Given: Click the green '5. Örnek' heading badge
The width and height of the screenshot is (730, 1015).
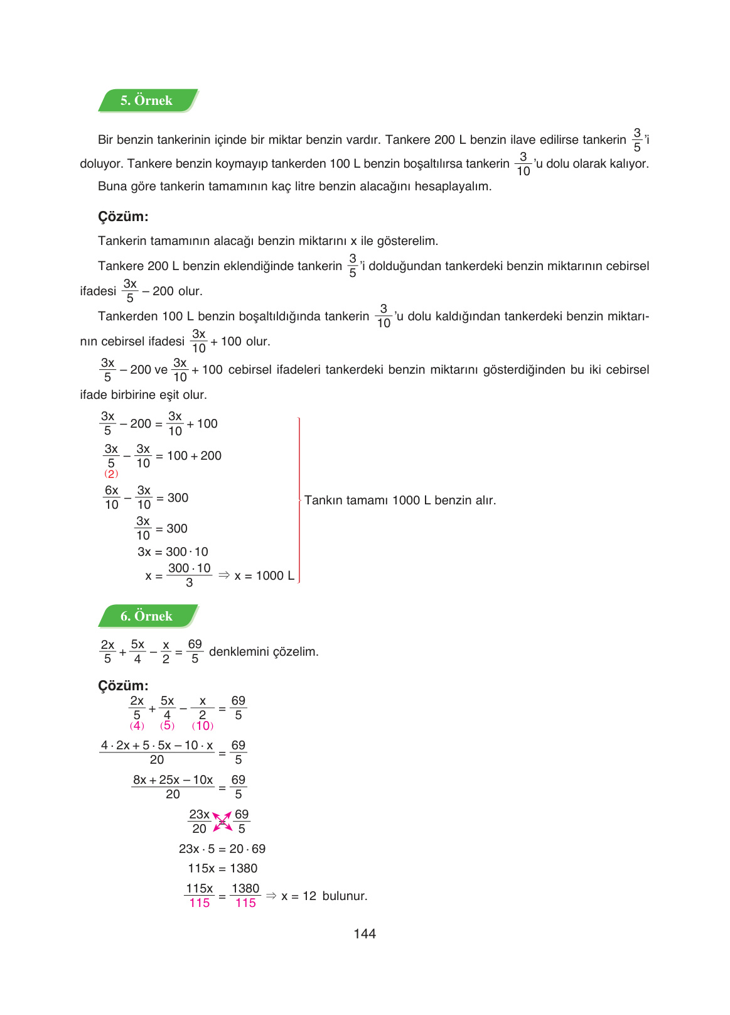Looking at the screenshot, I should [147, 100].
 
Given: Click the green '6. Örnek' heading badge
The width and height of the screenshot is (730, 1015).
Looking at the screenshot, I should [147, 616].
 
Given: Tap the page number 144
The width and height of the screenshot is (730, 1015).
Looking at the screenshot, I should [365, 934].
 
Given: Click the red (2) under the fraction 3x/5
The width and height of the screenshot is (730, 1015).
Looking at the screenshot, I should [111, 474].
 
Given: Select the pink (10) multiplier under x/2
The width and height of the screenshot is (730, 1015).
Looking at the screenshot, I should [203, 726].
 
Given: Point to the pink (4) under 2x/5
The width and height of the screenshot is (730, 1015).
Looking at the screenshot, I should [137, 726].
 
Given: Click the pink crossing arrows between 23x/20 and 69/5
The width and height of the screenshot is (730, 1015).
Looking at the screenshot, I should [222, 822].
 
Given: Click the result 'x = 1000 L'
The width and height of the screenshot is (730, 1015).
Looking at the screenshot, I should [264, 576].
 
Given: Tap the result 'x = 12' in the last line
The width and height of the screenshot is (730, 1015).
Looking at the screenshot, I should [299, 896].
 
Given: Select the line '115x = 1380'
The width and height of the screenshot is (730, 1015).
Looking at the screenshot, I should [222, 869].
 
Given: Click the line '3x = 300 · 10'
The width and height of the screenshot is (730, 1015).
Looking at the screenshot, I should [173, 552].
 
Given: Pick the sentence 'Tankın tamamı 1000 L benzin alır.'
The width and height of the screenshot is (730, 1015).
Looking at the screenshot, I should [400, 501].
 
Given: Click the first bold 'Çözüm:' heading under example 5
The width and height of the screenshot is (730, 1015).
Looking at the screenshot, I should [123, 217].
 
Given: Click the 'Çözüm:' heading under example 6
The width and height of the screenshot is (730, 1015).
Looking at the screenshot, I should [123, 686].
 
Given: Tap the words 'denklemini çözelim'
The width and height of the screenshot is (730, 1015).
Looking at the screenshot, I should [264, 652].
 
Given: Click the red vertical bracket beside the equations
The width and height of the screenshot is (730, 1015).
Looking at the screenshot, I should [299, 501].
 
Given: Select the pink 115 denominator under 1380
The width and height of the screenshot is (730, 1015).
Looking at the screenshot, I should [245, 903].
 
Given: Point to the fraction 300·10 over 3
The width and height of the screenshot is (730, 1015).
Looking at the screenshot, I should [189, 575].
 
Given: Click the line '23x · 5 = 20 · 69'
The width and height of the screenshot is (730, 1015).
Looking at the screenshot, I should [222, 849].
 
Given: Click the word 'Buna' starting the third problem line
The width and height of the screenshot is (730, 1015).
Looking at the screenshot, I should [111, 187].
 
